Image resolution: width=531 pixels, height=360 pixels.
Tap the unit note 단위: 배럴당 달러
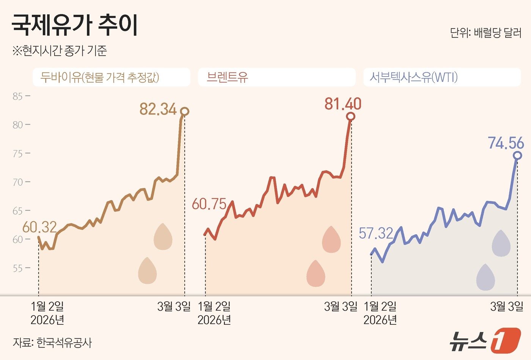coord(485,33)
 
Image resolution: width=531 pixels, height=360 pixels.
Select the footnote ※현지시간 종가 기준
coord(60,51)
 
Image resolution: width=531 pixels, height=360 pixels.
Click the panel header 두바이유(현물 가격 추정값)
coord(100,77)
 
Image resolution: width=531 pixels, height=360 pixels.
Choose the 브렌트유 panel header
coord(227,77)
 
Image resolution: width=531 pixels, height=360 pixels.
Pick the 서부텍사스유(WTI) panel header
coord(413,77)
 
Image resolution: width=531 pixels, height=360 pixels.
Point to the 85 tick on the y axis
coord(17,96)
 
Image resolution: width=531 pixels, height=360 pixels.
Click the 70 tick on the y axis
coord(17,182)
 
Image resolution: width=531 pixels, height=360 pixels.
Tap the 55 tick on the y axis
coord(17,268)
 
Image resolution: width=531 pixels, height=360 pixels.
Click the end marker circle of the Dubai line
coord(185,111)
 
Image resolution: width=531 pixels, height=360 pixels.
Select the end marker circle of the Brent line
coord(351,116)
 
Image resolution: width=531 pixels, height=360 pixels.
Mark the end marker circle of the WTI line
coord(517,156)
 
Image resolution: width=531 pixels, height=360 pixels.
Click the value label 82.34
coord(158,109)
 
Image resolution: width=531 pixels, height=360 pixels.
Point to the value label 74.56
coord(506,143)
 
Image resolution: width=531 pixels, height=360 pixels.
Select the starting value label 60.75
coord(209,204)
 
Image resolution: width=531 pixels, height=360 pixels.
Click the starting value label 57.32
coord(376,233)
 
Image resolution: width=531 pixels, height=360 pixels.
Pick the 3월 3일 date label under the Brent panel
coord(340,307)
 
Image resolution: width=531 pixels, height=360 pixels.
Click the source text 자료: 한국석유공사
coord(52,343)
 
